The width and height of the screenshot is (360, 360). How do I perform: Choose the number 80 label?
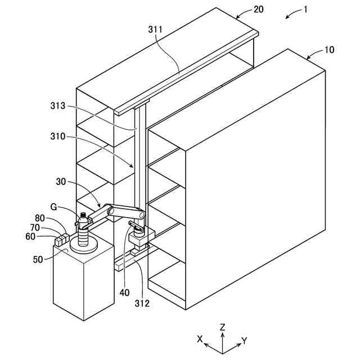(x=40, y=218)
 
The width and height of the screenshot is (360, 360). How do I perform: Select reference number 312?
(x=142, y=304)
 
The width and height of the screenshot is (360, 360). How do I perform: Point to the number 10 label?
(x=329, y=49)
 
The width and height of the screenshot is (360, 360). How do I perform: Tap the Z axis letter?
(x=223, y=327)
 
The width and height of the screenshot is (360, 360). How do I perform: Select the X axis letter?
(x=199, y=339)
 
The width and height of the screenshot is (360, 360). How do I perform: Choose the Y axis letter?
(x=245, y=340)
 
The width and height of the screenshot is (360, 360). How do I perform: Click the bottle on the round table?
(x=83, y=233)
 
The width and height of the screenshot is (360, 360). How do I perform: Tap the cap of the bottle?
(x=83, y=215)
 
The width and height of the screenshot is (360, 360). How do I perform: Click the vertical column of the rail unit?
(x=140, y=163)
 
